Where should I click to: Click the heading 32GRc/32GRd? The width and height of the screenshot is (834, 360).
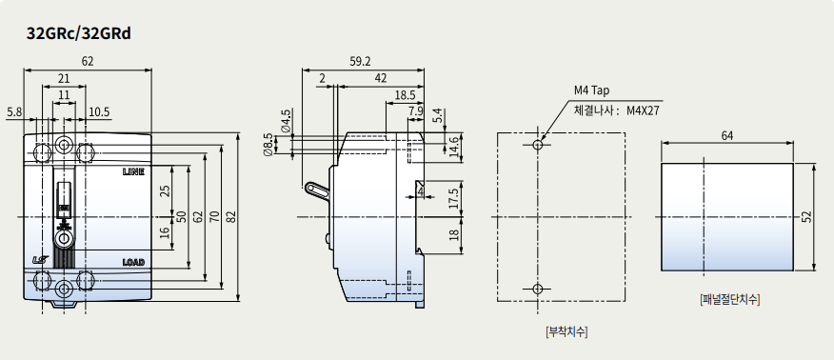pyautogui.click(x=79, y=33)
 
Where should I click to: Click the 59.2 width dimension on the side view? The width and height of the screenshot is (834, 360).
pyautogui.click(x=360, y=61)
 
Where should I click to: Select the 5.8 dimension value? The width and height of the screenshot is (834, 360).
pyautogui.click(x=14, y=111)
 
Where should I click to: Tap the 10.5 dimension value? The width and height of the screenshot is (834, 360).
pyautogui.click(x=99, y=111)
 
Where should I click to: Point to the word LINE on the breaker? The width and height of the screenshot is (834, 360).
pyautogui.click(x=133, y=171)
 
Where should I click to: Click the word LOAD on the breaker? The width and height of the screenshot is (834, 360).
pyautogui.click(x=133, y=262)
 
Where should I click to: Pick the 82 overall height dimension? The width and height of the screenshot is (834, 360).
pyautogui.click(x=231, y=217)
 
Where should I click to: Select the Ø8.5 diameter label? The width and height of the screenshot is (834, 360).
pyautogui.click(x=268, y=144)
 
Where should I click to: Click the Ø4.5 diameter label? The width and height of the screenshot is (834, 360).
pyautogui.click(x=287, y=121)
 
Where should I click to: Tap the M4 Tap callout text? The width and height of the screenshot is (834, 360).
pyautogui.click(x=591, y=90)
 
